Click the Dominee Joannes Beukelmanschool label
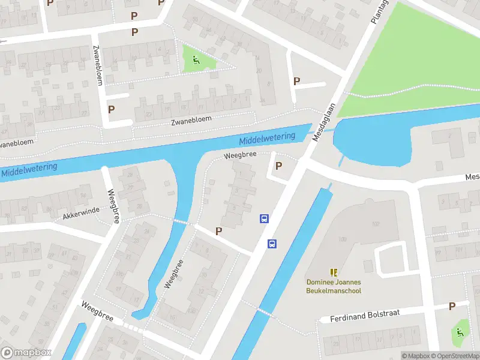point(334,286)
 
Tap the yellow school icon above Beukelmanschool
point(334,272)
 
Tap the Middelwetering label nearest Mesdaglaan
point(267,139)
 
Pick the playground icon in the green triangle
point(196,59)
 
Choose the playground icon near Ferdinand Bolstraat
point(460,331)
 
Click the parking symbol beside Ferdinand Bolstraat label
point(452,307)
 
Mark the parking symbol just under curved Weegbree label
point(278,166)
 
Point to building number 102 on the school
point(376,224)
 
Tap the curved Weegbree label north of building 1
point(240,155)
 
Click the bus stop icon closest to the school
point(272,244)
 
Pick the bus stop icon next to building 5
point(263,219)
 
